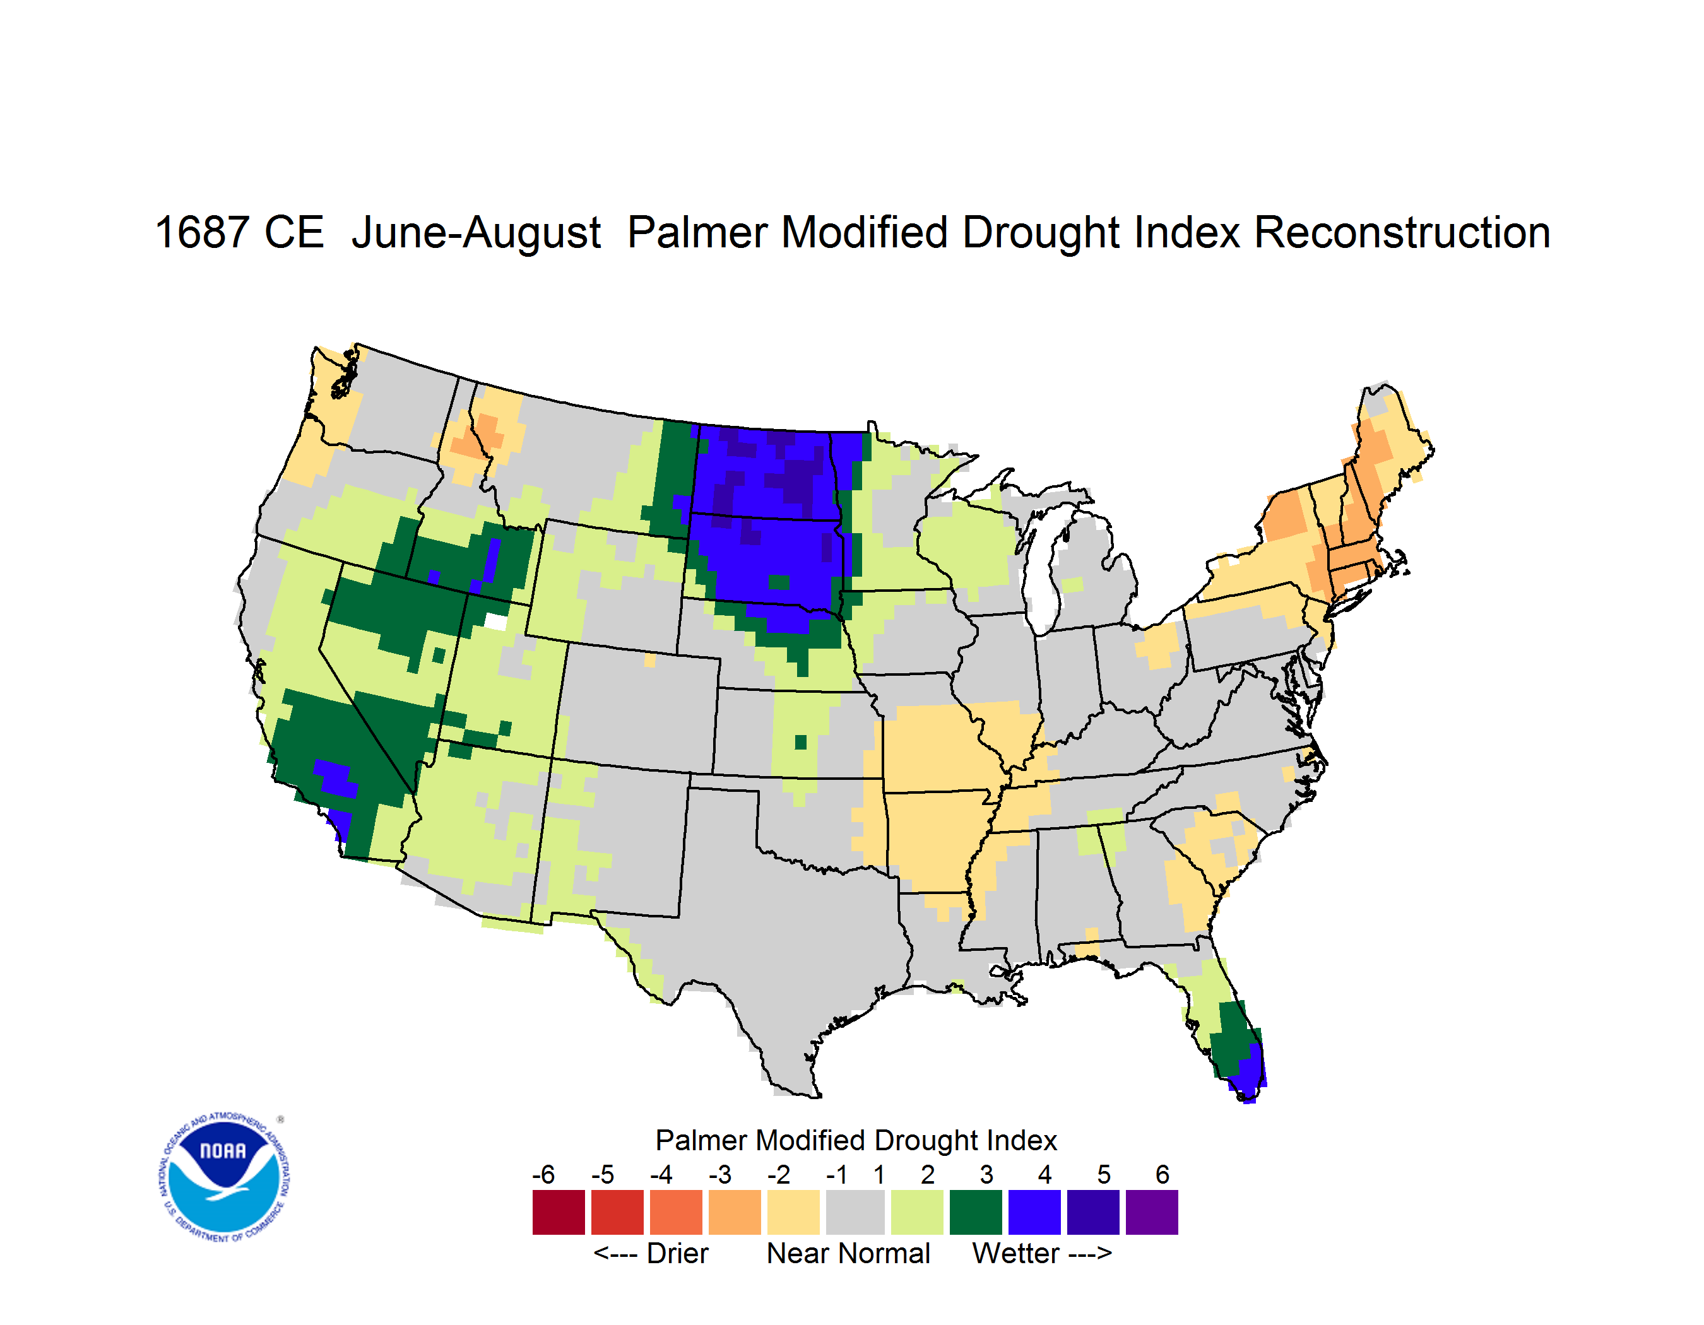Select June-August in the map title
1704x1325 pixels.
tap(476, 233)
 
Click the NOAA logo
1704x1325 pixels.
tap(224, 1177)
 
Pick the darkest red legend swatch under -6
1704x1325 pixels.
tap(559, 1212)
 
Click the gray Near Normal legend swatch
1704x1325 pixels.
tap(855, 1212)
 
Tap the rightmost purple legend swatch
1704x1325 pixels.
tap(1152, 1212)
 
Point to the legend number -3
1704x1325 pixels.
tap(720, 1174)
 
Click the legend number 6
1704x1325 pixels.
tap(1163, 1174)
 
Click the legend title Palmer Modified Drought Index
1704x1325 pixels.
tap(856, 1140)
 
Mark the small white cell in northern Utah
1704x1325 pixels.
tap(495, 621)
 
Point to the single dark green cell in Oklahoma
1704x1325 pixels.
tap(800, 741)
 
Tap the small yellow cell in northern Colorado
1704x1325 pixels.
tap(650, 661)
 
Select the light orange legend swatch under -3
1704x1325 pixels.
tap(734, 1212)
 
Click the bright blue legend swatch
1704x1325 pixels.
tap(1034, 1212)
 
